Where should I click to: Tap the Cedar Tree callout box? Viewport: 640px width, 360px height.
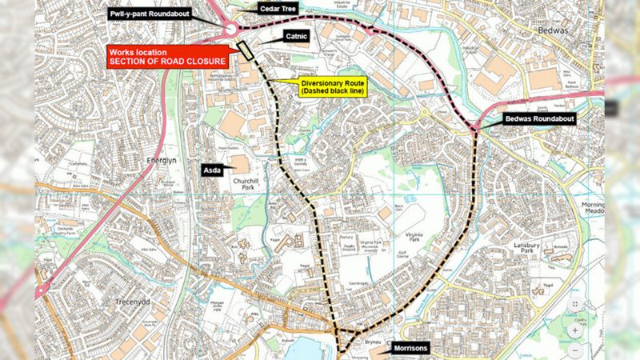click(278, 8)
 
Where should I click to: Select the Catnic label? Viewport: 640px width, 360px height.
click(297, 36)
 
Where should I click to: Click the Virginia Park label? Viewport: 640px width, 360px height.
click(414, 236)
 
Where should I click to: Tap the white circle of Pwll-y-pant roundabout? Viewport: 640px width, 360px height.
click(231, 30)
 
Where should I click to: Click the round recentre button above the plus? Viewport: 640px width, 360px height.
click(574, 305)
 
